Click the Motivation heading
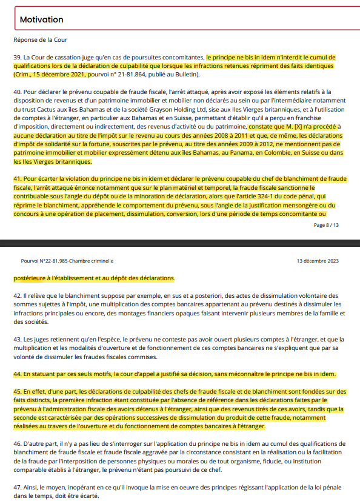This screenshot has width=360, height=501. coord(41,20)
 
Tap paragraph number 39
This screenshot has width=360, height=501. coord(17,57)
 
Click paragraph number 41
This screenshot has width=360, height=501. coord(17,180)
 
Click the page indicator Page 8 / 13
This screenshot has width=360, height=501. coord(326,225)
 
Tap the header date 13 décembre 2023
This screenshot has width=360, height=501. coord(318,261)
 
